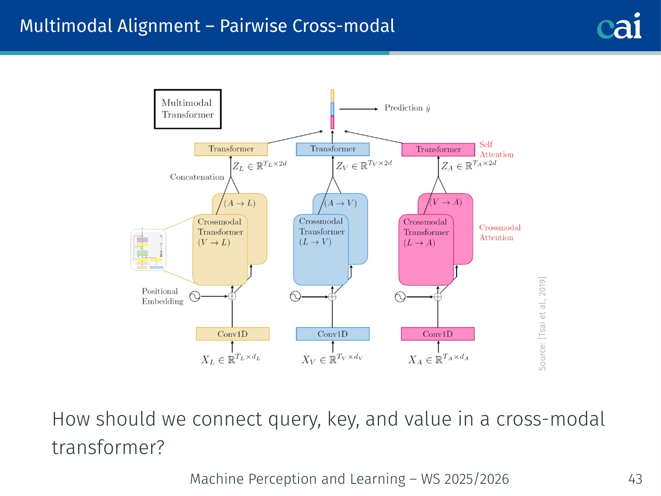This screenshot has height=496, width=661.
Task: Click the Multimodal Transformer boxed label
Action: pos(188,109)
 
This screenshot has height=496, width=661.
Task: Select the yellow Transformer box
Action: pos(231,149)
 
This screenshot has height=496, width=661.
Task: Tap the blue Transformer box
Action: pos(333,149)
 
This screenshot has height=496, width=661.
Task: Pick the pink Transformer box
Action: pos(438,150)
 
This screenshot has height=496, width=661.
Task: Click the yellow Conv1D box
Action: pos(233,334)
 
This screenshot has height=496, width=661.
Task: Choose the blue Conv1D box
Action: pos(333,334)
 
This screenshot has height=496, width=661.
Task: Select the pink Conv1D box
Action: pos(438,334)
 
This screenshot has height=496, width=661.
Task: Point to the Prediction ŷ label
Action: pos(407,108)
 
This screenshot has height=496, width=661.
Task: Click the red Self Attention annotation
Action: pos(496,150)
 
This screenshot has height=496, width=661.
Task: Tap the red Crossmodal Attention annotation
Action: pos(500,233)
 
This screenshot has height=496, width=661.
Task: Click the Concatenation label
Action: pos(197,177)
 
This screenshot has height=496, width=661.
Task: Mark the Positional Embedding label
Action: pos(162,296)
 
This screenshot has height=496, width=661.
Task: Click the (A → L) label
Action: pos(240,203)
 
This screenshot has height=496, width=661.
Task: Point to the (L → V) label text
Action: pos(315,242)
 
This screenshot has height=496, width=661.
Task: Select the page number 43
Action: pos(635,479)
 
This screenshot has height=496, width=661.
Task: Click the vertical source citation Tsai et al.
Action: pos(542,324)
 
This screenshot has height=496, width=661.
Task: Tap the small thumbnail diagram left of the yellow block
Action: pos(149,250)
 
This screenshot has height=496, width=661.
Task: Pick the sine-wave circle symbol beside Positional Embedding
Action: pos(195,297)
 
